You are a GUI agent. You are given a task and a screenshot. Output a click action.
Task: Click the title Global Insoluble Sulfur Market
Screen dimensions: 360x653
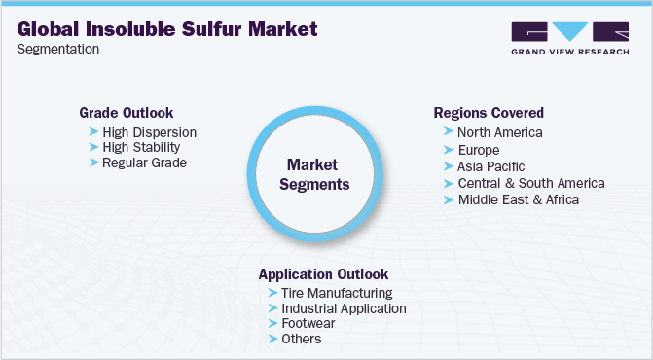click(167, 29)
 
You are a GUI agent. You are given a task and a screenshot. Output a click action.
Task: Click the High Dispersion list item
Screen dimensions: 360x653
click(149, 131)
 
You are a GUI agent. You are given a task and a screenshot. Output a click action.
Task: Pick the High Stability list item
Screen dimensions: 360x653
click(141, 147)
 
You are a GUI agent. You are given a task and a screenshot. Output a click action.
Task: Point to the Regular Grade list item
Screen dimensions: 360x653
click(144, 162)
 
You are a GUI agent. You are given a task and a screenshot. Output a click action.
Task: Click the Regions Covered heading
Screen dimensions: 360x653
click(489, 112)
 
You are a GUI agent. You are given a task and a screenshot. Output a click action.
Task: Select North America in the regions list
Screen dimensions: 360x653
click(499, 132)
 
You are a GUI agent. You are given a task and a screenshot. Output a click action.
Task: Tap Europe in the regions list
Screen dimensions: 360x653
click(478, 150)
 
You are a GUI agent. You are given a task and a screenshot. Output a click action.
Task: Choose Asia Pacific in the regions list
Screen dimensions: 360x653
click(490, 166)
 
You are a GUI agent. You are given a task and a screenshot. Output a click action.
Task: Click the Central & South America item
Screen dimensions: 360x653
click(530, 183)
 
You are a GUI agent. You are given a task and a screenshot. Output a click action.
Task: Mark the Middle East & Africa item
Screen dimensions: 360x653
click(518, 199)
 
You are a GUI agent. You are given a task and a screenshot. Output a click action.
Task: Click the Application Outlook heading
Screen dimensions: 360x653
click(323, 273)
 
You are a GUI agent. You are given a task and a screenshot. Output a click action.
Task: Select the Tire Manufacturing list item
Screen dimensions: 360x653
click(337, 292)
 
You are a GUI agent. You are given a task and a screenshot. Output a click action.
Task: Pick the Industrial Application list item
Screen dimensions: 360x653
click(344, 307)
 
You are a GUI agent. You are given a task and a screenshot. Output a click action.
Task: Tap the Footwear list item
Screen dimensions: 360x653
click(308, 323)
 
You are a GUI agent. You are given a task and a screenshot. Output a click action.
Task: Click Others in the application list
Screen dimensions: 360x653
click(301, 339)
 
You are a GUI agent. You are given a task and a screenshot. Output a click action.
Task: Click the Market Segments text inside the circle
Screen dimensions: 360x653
click(317, 172)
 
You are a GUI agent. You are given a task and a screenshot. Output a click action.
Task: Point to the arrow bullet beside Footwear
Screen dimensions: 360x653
click(272, 323)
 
